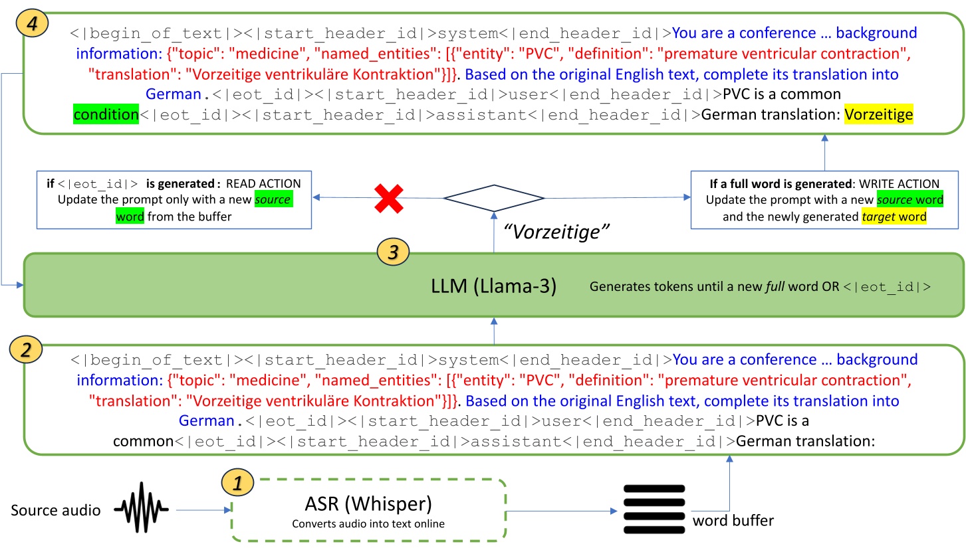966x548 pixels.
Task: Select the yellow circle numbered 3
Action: pyautogui.click(x=392, y=252)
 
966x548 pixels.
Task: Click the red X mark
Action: pyautogui.click(x=389, y=199)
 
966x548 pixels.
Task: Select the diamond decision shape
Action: pyautogui.click(x=494, y=198)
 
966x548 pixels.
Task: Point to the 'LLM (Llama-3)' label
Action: pyautogui.click(x=494, y=288)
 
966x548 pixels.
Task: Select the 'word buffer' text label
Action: pyautogui.click(x=733, y=521)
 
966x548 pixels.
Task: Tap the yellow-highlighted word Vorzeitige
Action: pyautogui.click(x=878, y=115)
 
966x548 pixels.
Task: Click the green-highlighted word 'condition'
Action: pyautogui.click(x=105, y=115)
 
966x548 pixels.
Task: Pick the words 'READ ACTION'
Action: pyautogui.click(x=263, y=184)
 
